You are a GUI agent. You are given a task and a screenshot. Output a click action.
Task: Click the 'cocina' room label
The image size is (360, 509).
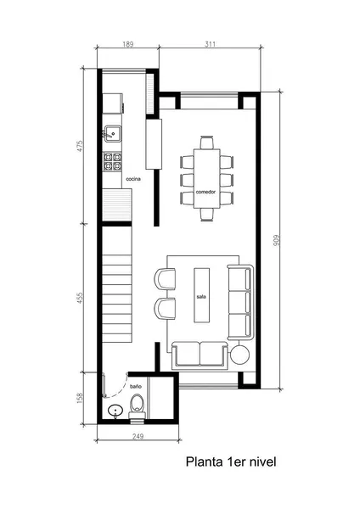click(133, 179)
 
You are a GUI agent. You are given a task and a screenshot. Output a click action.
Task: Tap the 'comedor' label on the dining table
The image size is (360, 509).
click(205, 192)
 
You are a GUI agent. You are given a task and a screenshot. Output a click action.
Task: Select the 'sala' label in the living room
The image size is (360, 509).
click(201, 297)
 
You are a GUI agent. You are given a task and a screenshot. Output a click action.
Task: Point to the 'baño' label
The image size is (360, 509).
click(136, 386)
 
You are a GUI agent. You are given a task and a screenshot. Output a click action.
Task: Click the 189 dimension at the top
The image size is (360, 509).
click(128, 44)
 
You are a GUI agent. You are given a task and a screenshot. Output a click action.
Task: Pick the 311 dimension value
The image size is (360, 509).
click(211, 44)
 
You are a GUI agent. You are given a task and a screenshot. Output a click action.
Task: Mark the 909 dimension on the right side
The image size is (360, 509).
click(277, 240)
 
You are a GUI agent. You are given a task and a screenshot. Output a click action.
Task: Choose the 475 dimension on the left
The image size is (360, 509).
click(80, 146)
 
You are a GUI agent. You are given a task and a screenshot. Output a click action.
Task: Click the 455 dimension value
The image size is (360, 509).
click(80, 298)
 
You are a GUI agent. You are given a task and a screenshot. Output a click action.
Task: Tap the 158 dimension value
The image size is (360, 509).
click(80, 398)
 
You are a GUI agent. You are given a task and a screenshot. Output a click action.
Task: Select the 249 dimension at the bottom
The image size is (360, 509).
click(138, 436)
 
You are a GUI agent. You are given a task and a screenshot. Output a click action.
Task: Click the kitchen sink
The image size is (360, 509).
click(112, 134)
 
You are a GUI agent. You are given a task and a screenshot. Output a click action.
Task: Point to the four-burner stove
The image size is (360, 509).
click(112, 162)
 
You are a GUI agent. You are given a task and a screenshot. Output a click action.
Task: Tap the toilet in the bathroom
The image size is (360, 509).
click(137, 406)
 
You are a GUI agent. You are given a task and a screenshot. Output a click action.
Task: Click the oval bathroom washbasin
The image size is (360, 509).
click(115, 411)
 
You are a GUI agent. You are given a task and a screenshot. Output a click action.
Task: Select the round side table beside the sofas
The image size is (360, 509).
click(239, 355)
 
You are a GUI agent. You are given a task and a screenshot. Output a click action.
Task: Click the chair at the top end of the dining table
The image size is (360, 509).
click(206, 143)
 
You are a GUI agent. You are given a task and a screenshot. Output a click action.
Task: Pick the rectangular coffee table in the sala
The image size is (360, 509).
click(202, 295)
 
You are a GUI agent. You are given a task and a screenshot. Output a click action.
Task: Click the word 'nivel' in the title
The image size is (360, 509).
click(262, 461)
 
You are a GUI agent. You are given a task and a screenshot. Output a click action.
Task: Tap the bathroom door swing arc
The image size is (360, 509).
click(121, 392)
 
